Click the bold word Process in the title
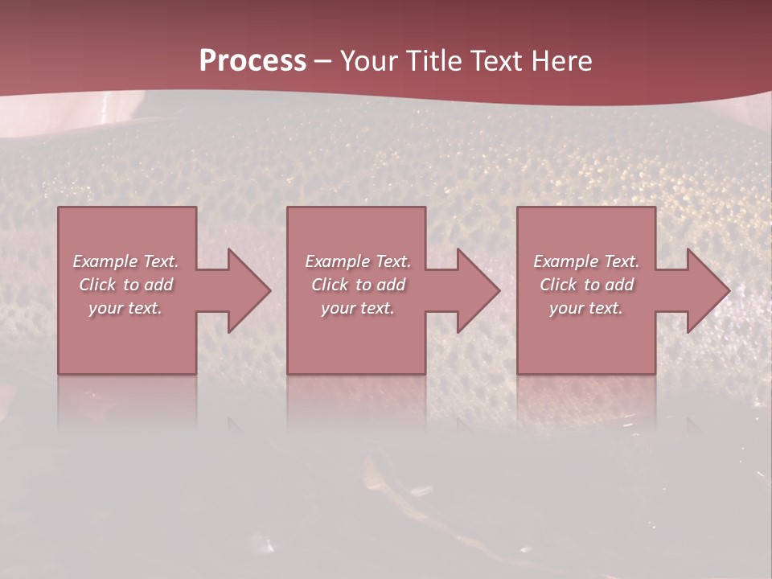point(253,61)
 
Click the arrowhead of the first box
point(248,290)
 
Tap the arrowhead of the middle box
point(478,290)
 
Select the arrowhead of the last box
point(708,290)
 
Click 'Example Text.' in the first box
point(125,261)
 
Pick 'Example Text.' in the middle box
point(358,261)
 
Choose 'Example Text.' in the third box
point(586,261)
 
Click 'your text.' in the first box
point(125,308)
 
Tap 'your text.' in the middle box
point(358,308)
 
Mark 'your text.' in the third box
point(586,308)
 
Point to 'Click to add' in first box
point(125,285)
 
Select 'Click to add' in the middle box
point(358,285)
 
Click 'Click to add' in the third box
point(586,285)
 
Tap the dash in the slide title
point(322,61)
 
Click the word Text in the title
point(496,61)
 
